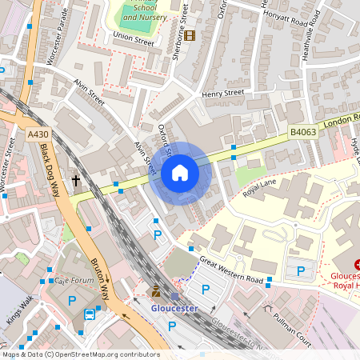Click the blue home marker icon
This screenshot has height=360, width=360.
180,173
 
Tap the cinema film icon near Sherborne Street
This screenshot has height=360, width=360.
190,34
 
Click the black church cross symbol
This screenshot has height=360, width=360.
76,182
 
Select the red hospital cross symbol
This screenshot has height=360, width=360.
358,263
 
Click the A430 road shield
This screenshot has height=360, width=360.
36,134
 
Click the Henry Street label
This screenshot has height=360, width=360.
222,94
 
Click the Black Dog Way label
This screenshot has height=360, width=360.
50,175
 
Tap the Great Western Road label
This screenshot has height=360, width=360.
231,270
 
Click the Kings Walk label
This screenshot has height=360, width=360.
20,311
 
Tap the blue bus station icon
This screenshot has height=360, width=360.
90,314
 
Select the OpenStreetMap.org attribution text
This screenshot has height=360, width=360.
80,354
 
